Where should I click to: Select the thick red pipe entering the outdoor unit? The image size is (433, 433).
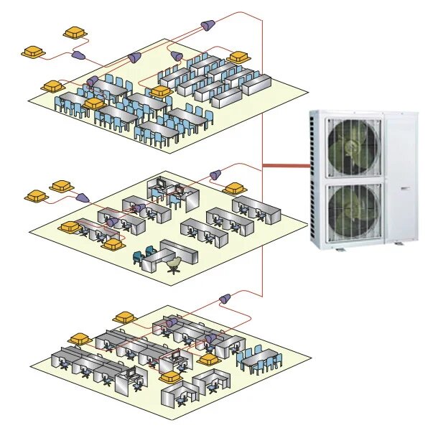[286, 167]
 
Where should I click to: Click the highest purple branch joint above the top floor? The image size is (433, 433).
[207, 25]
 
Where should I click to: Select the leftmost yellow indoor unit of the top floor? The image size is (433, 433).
[34, 52]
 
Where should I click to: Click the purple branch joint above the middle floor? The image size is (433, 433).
[213, 174]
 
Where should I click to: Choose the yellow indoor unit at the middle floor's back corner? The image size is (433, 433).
[233, 188]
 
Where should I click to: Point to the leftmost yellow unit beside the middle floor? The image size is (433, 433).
[34, 195]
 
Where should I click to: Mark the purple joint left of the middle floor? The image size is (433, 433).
[81, 196]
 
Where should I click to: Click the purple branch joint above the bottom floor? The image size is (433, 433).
[223, 297]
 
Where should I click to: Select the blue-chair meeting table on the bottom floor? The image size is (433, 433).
[258, 358]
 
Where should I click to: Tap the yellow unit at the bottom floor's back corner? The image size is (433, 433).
[124, 317]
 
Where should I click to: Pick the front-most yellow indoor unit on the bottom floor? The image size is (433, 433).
[170, 376]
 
